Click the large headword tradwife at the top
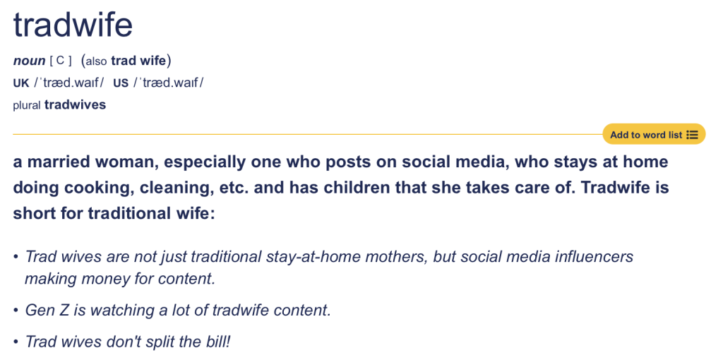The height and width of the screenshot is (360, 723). (73, 24)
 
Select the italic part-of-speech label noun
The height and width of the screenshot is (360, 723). (29, 61)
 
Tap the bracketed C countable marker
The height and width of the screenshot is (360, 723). (61, 61)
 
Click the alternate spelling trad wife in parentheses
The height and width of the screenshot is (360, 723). (138, 61)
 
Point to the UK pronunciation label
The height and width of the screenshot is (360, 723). (21, 83)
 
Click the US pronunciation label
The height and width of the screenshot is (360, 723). (121, 83)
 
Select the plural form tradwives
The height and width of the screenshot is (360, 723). (75, 104)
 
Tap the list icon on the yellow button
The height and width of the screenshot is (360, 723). (692, 135)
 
